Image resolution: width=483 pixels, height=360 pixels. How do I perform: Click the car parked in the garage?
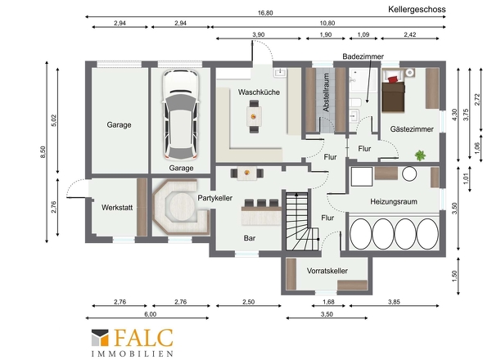pyautogui.click(x=180, y=115)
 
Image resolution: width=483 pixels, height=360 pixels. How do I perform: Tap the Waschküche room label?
pyautogui.click(x=259, y=92)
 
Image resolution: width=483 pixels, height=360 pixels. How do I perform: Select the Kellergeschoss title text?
pyautogui.click(x=417, y=9)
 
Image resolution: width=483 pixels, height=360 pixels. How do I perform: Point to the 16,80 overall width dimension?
pyautogui.click(x=265, y=13)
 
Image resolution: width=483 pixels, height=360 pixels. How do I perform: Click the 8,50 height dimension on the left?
pyautogui.click(x=43, y=152)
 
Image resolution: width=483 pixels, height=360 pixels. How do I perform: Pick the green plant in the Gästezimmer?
pyautogui.click(x=420, y=155)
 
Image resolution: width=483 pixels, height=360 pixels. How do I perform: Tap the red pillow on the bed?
pyautogui.click(x=392, y=79)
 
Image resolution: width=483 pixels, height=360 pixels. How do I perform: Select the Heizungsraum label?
pyautogui.click(x=394, y=202)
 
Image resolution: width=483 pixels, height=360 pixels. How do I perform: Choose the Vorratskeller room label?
pyautogui.click(x=327, y=271)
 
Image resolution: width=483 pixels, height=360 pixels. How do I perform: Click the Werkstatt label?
pyautogui.click(x=117, y=208)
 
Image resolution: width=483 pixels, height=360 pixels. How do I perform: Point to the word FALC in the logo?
pyautogui.click(x=143, y=338)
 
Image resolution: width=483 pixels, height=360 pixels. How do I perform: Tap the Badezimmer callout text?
pyautogui.click(x=363, y=56)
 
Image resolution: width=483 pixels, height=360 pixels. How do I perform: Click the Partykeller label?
pyautogui.click(x=215, y=198)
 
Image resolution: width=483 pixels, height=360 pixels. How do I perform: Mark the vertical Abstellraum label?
pyautogui.click(x=326, y=92)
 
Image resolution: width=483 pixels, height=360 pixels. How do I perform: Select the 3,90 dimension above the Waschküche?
pyautogui.click(x=258, y=34)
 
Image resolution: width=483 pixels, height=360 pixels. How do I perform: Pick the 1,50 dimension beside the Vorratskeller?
pyautogui.click(x=454, y=276)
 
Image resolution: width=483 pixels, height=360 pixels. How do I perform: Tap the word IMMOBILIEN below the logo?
pyautogui.click(x=132, y=353)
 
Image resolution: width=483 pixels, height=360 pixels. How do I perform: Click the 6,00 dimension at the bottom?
pyautogui.click(x=150, y=314)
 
